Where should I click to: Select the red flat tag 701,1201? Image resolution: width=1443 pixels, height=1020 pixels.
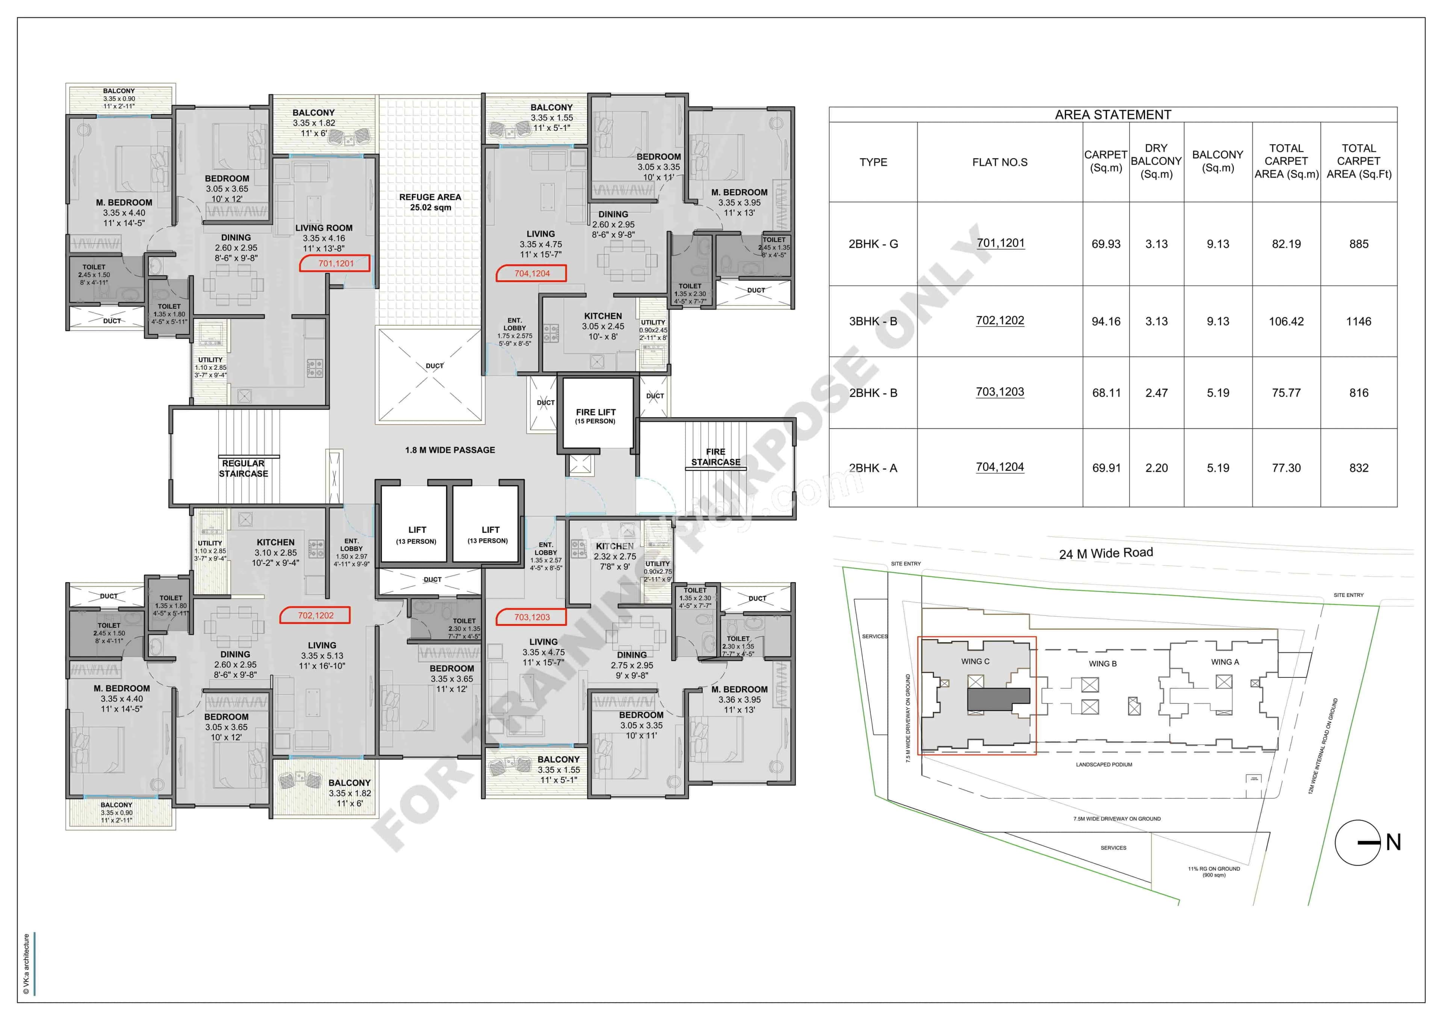click(335, 263)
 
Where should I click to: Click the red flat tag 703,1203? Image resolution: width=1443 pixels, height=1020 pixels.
click(531, 617)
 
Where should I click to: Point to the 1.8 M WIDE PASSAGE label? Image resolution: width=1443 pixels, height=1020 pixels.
click(450, 450)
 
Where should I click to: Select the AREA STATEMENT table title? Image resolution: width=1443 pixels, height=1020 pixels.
click(1112, 114)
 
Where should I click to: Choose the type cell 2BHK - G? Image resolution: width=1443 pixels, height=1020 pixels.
click(873, 244)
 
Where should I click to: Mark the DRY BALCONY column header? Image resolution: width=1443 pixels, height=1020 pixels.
click(1156, 161)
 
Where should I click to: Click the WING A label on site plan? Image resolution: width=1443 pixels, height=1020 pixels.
click(1225, 662)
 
